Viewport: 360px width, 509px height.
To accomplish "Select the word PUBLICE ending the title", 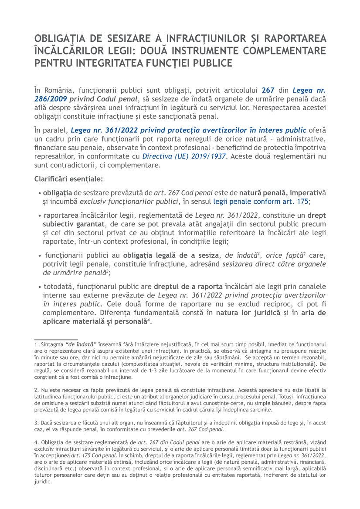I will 205,63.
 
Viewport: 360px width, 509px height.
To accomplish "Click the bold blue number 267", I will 268,91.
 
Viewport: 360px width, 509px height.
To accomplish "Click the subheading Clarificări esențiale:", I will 68,179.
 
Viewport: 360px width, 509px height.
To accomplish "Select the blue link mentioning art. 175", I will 262,202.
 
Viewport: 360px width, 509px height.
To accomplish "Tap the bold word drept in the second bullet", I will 317,215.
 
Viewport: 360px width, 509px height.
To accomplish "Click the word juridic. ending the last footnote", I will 43,482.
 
